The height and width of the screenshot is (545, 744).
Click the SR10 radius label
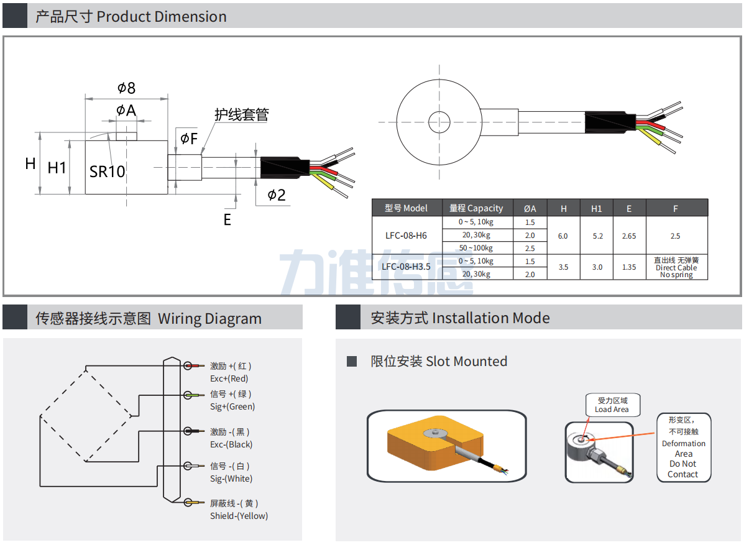coord(107,172)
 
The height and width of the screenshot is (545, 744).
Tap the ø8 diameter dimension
coord(126,88)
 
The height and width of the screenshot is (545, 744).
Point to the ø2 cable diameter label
coord(277,195)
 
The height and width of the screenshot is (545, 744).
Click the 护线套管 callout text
coord(241,115)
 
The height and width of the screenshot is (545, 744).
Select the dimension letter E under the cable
coord(227,219)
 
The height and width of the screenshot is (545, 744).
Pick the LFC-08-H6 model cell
coord(406,236)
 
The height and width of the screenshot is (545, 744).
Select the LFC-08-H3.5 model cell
coord(406,267)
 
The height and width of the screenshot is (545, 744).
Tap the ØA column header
coord(530,208)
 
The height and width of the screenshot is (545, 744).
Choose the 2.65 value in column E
coord(628,236)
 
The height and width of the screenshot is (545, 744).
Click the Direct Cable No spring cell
coord(676,268)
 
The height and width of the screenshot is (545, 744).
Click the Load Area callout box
coord(612,405)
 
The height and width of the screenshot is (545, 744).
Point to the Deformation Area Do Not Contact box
coord(683,447)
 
